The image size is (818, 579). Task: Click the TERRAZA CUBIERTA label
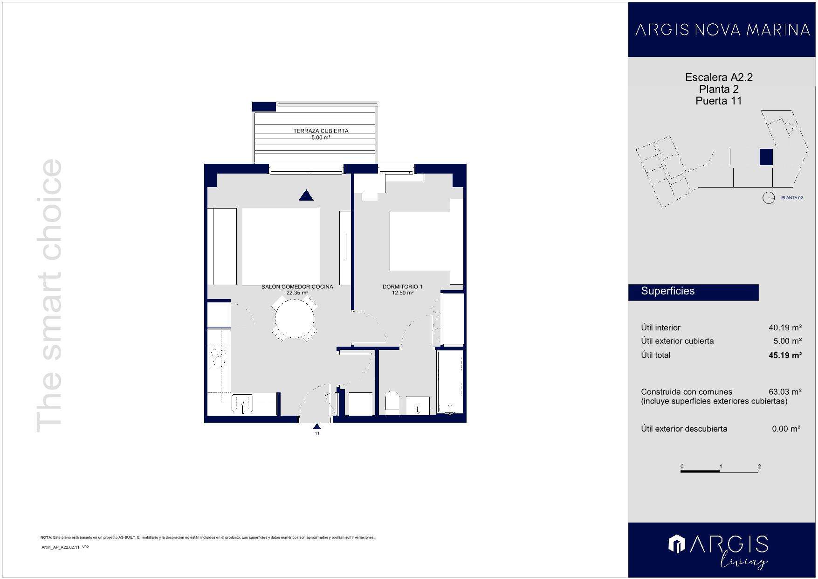click(321, 131)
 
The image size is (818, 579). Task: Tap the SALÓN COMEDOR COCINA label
click(297, 287)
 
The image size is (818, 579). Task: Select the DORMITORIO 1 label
click(402, 287)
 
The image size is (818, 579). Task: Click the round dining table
click(294, 319)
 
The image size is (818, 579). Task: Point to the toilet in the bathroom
click(392, 403)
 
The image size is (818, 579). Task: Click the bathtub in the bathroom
click(450, 382)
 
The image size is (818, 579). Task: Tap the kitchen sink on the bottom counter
click(242, 403)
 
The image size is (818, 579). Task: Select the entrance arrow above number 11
click(317, 426)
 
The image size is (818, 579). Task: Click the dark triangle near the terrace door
click(306, 195)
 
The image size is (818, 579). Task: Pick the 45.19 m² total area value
click(785, 356)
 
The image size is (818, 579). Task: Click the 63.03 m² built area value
click(785, 392)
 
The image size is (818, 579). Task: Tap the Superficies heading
click(667, 291)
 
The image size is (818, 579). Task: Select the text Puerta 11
click(718, 101)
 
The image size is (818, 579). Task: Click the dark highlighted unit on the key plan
click(766, 157)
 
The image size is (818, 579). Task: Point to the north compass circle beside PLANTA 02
click(768, 198)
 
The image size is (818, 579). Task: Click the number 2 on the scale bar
click(759, 467)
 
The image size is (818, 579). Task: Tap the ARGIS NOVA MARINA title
click(722, 30)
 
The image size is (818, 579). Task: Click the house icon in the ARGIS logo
click(677, 544)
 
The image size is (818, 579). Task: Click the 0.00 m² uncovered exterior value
click(786, 429)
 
